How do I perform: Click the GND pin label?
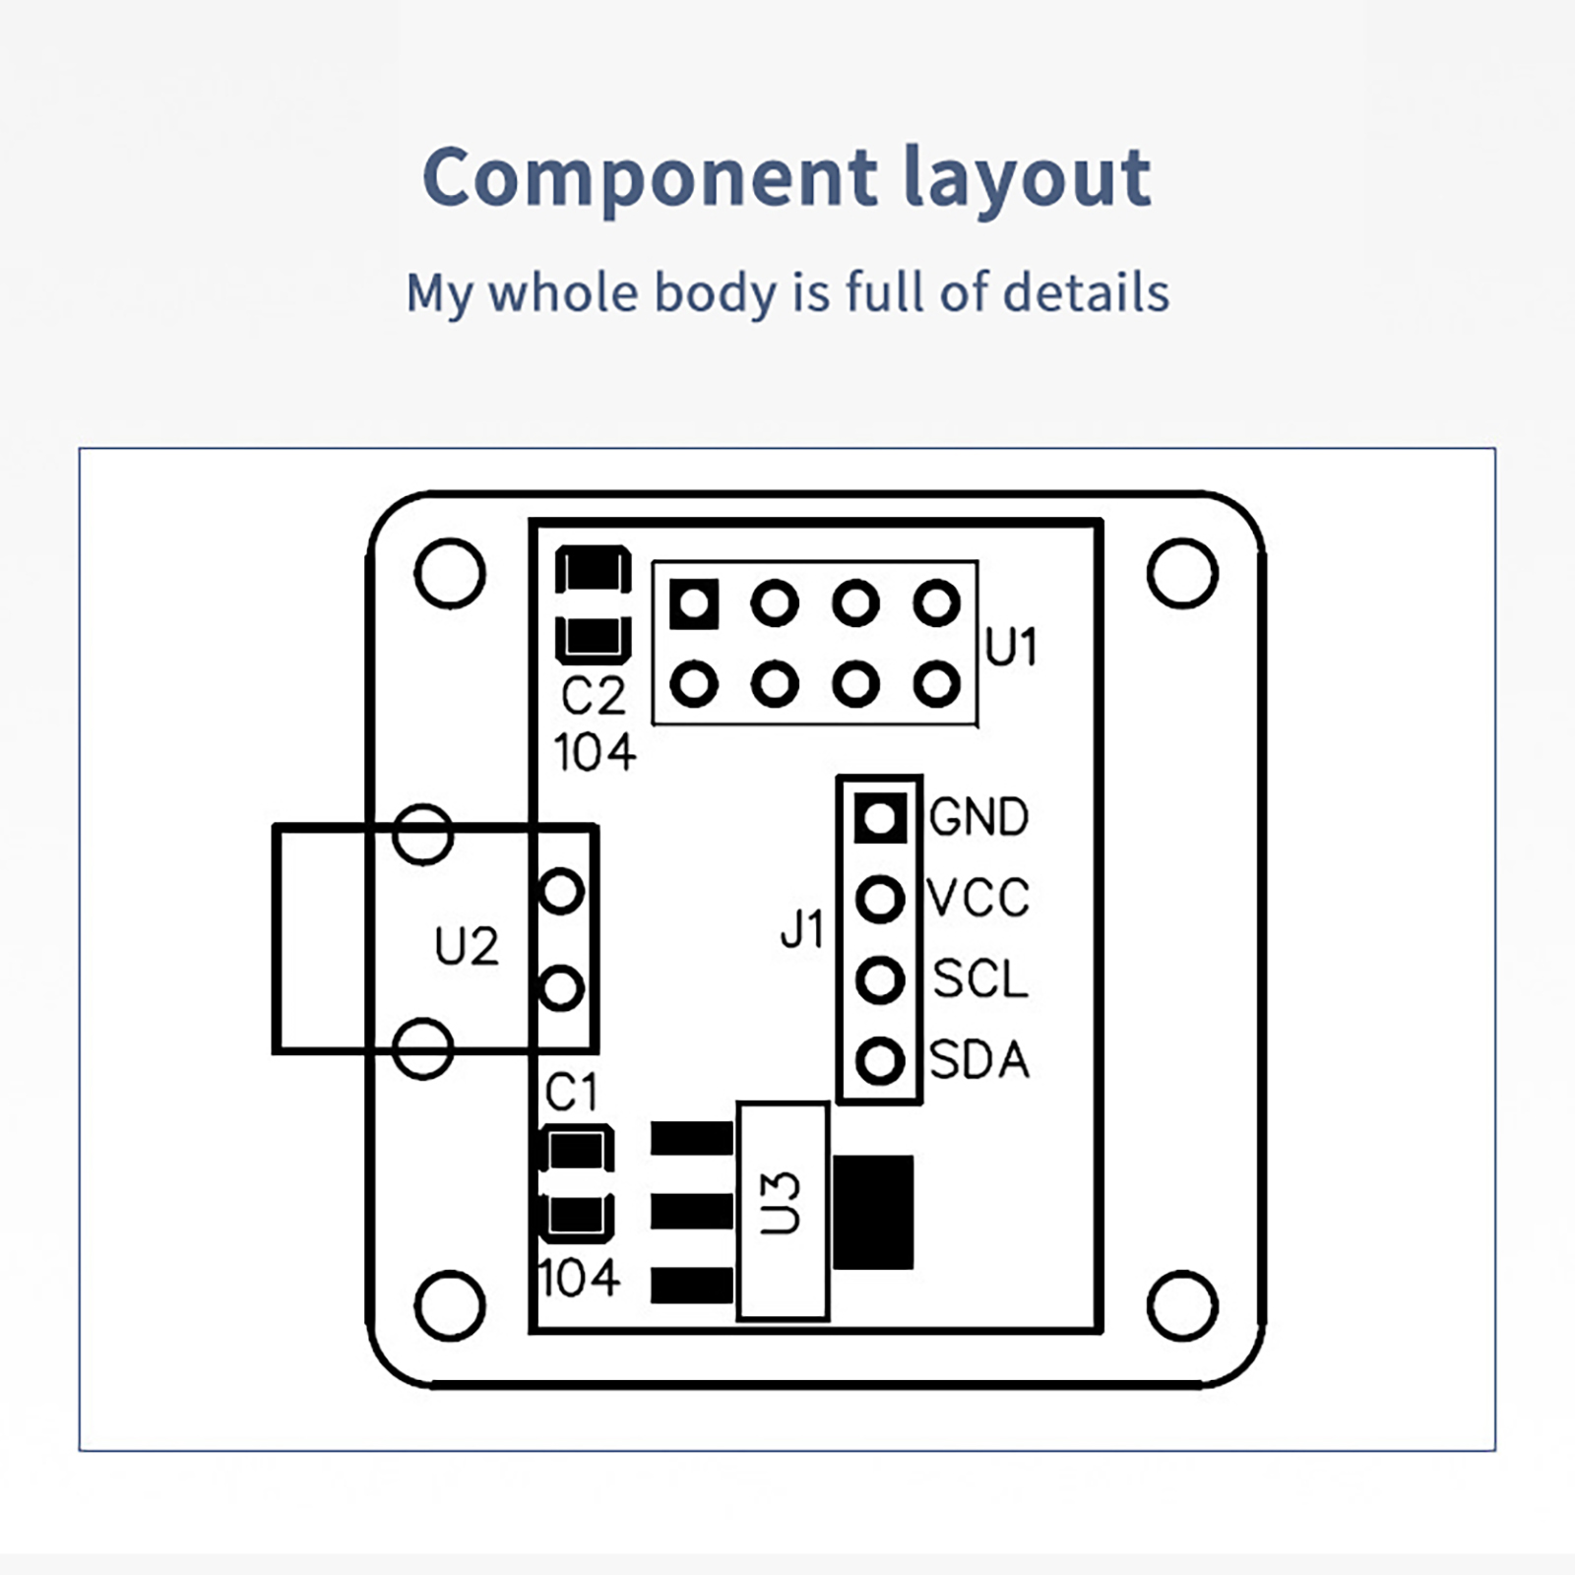click(x=978, y=817)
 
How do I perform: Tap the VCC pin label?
click(x=978, y=898)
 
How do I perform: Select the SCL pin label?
click(x=979, y=979)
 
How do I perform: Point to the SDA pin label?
click(x=978, y=1060)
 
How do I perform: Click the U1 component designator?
click(x=1011, y=648)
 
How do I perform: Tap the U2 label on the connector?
click(x=467, y=947)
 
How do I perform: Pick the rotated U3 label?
click(x=782, y=1202)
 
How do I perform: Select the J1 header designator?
click(x=801, y=929)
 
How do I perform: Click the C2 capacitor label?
click(x=593, y=697)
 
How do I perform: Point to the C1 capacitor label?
click(x=572, y=1093)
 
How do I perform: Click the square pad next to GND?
click(x=880, y=817)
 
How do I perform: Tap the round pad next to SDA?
click(x=880, y=1061)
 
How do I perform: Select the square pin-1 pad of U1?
click(x=694, y=602)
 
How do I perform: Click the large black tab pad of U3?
click(x=873, y=1212)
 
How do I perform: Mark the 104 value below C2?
click(x=595, y=753)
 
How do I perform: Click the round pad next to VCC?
click(x=880, y=899)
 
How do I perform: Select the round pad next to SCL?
click(x=880, y=979)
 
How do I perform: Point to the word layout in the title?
click(x=1027, y=177)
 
